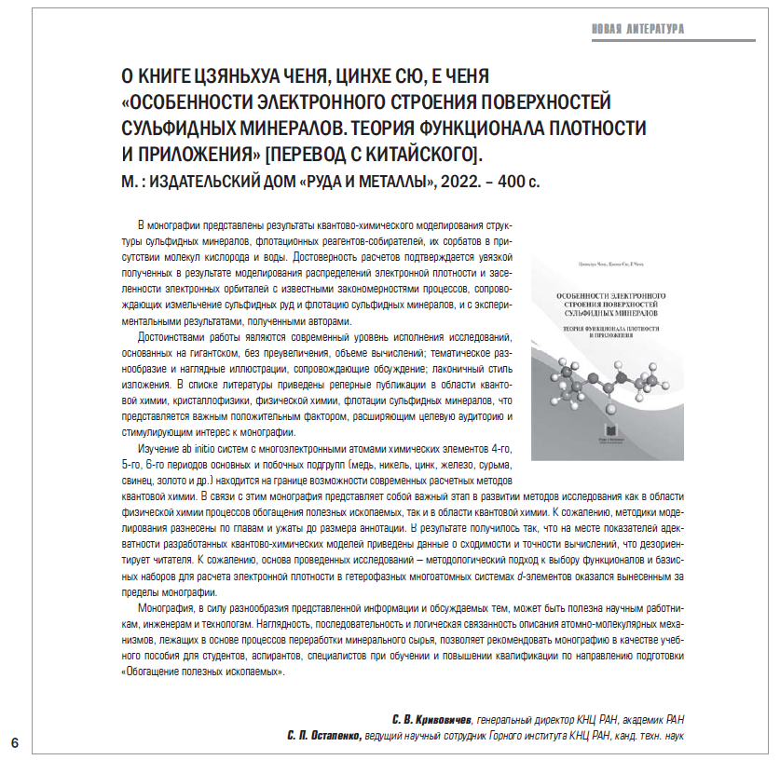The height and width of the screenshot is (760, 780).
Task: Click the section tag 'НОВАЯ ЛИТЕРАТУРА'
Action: (x=638, y=29)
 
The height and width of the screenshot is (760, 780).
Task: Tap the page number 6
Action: (x=15, y=741)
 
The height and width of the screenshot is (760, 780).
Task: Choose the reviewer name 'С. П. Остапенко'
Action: (x=332, y=736)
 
